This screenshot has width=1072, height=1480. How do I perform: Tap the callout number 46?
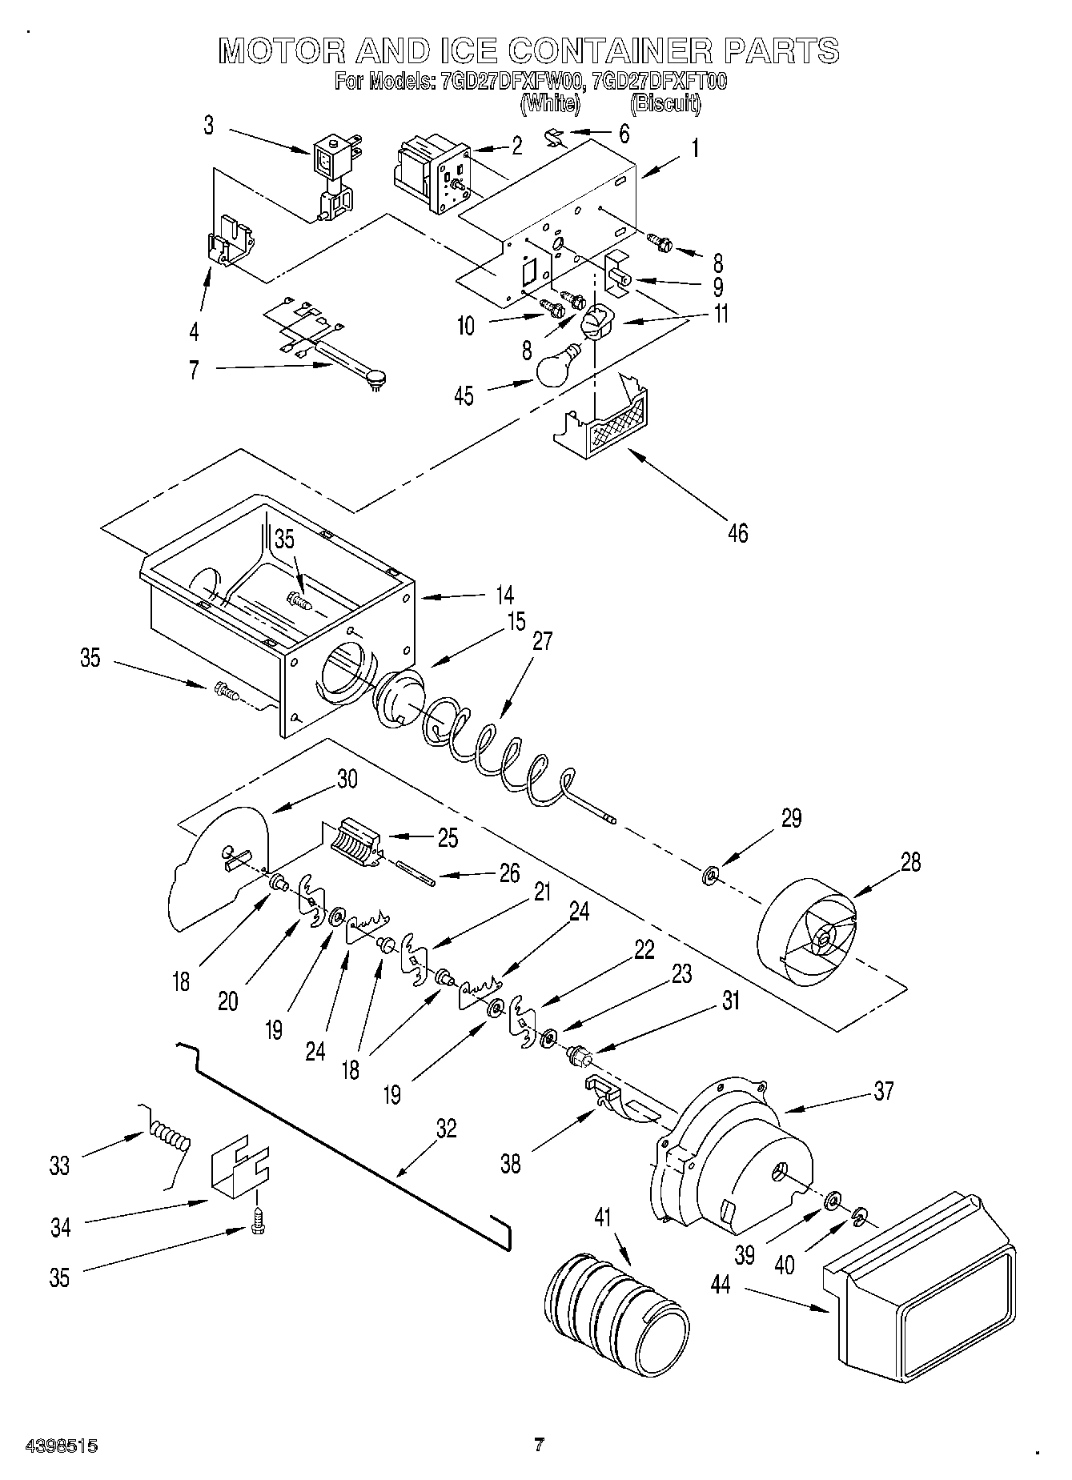click(737, 532)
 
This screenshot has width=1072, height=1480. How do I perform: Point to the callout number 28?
click(910, 862)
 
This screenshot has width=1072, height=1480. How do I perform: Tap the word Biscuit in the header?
click(665, 104)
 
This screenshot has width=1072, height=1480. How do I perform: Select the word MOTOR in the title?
click(280, 51)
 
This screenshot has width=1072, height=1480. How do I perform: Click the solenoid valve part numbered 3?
click(332, 180)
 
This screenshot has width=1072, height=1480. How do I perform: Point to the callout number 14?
click(504, 595)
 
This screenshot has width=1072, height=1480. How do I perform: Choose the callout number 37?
click(883, 1091)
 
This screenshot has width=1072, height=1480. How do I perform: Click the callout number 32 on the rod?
click(446, 1129)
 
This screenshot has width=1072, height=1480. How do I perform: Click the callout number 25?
click(447, 838)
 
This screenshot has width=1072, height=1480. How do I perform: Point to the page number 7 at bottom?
click(539, 1445)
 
